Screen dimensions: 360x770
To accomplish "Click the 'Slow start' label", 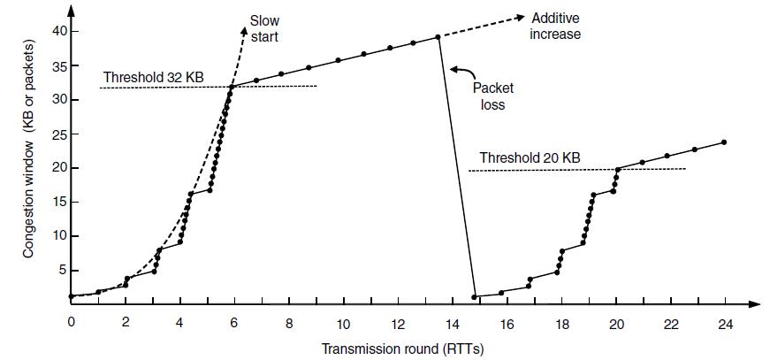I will pos(264,27).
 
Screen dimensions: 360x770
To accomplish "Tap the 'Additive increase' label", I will pos(555,26).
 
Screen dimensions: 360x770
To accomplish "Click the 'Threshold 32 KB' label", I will pos(153,76).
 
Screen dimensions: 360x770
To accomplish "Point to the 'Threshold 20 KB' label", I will pos(530,157).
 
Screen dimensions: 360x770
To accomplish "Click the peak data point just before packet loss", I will pos(438,37).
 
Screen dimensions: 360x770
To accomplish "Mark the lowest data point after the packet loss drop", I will pos(475,296).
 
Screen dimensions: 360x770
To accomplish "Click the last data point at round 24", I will pos(724,142).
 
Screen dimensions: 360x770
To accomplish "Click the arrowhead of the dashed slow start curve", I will pos(245,29).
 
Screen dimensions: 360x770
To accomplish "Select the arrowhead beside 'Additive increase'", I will pos(515,17).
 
